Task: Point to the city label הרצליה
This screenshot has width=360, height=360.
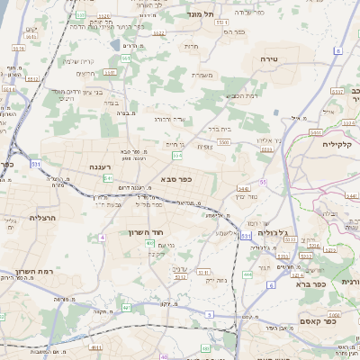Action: click(x=42, y=217)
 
